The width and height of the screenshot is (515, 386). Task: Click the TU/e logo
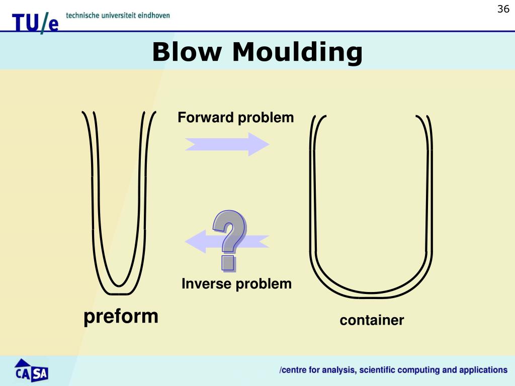click(x=36, y=23)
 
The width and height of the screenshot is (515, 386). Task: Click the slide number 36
click(x=503, y=9)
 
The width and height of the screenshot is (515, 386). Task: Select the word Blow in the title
click(x=187, y=52)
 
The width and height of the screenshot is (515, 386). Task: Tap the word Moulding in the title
click(x=298, y=52)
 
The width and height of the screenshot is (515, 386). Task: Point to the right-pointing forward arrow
click(x=227, y=144)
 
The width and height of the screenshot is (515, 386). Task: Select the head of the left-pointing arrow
click(x=196, y=241)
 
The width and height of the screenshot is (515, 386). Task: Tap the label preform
click(x=121, y=317)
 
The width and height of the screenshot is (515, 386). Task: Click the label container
click(x=372, y=320)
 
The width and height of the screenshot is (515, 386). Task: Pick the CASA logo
click(x=31, y=370)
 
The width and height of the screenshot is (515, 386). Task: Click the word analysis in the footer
click(x=339, y=370)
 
